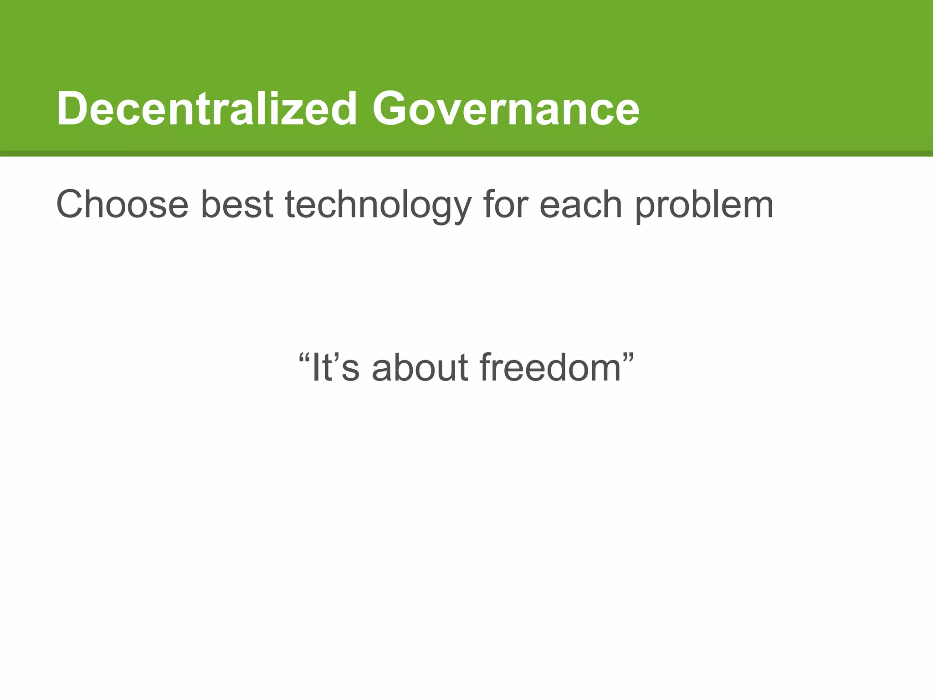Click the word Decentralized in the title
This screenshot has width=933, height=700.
pyautogui.click(x=206, y=109)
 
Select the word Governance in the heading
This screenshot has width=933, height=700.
pyautogui.click(x=506, y=109)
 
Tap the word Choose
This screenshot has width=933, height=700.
pyautogui.click(x=122, y=205)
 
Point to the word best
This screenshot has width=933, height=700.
pyautogui.click(x=236, y=205)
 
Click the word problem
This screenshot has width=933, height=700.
pyautogui.click(x=704, y=205)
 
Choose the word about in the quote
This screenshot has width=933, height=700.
pyautogui.click(x=420, y=367)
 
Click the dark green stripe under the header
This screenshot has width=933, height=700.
pyautogui.click(x=466, y=154)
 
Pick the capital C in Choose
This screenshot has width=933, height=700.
pyautogui.click(x=72, y=205)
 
